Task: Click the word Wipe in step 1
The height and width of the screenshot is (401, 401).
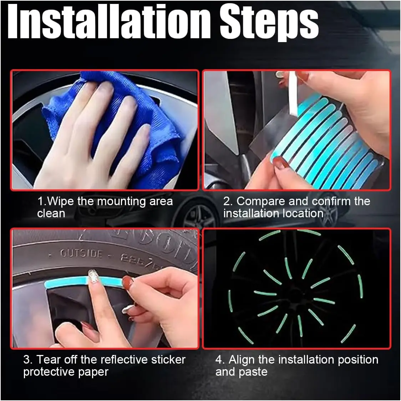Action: coord(61,201)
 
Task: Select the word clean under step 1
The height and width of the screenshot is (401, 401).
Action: coord(51,213)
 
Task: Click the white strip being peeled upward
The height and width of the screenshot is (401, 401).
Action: coord(293,93)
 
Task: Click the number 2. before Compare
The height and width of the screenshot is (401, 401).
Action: coord(228,201)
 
